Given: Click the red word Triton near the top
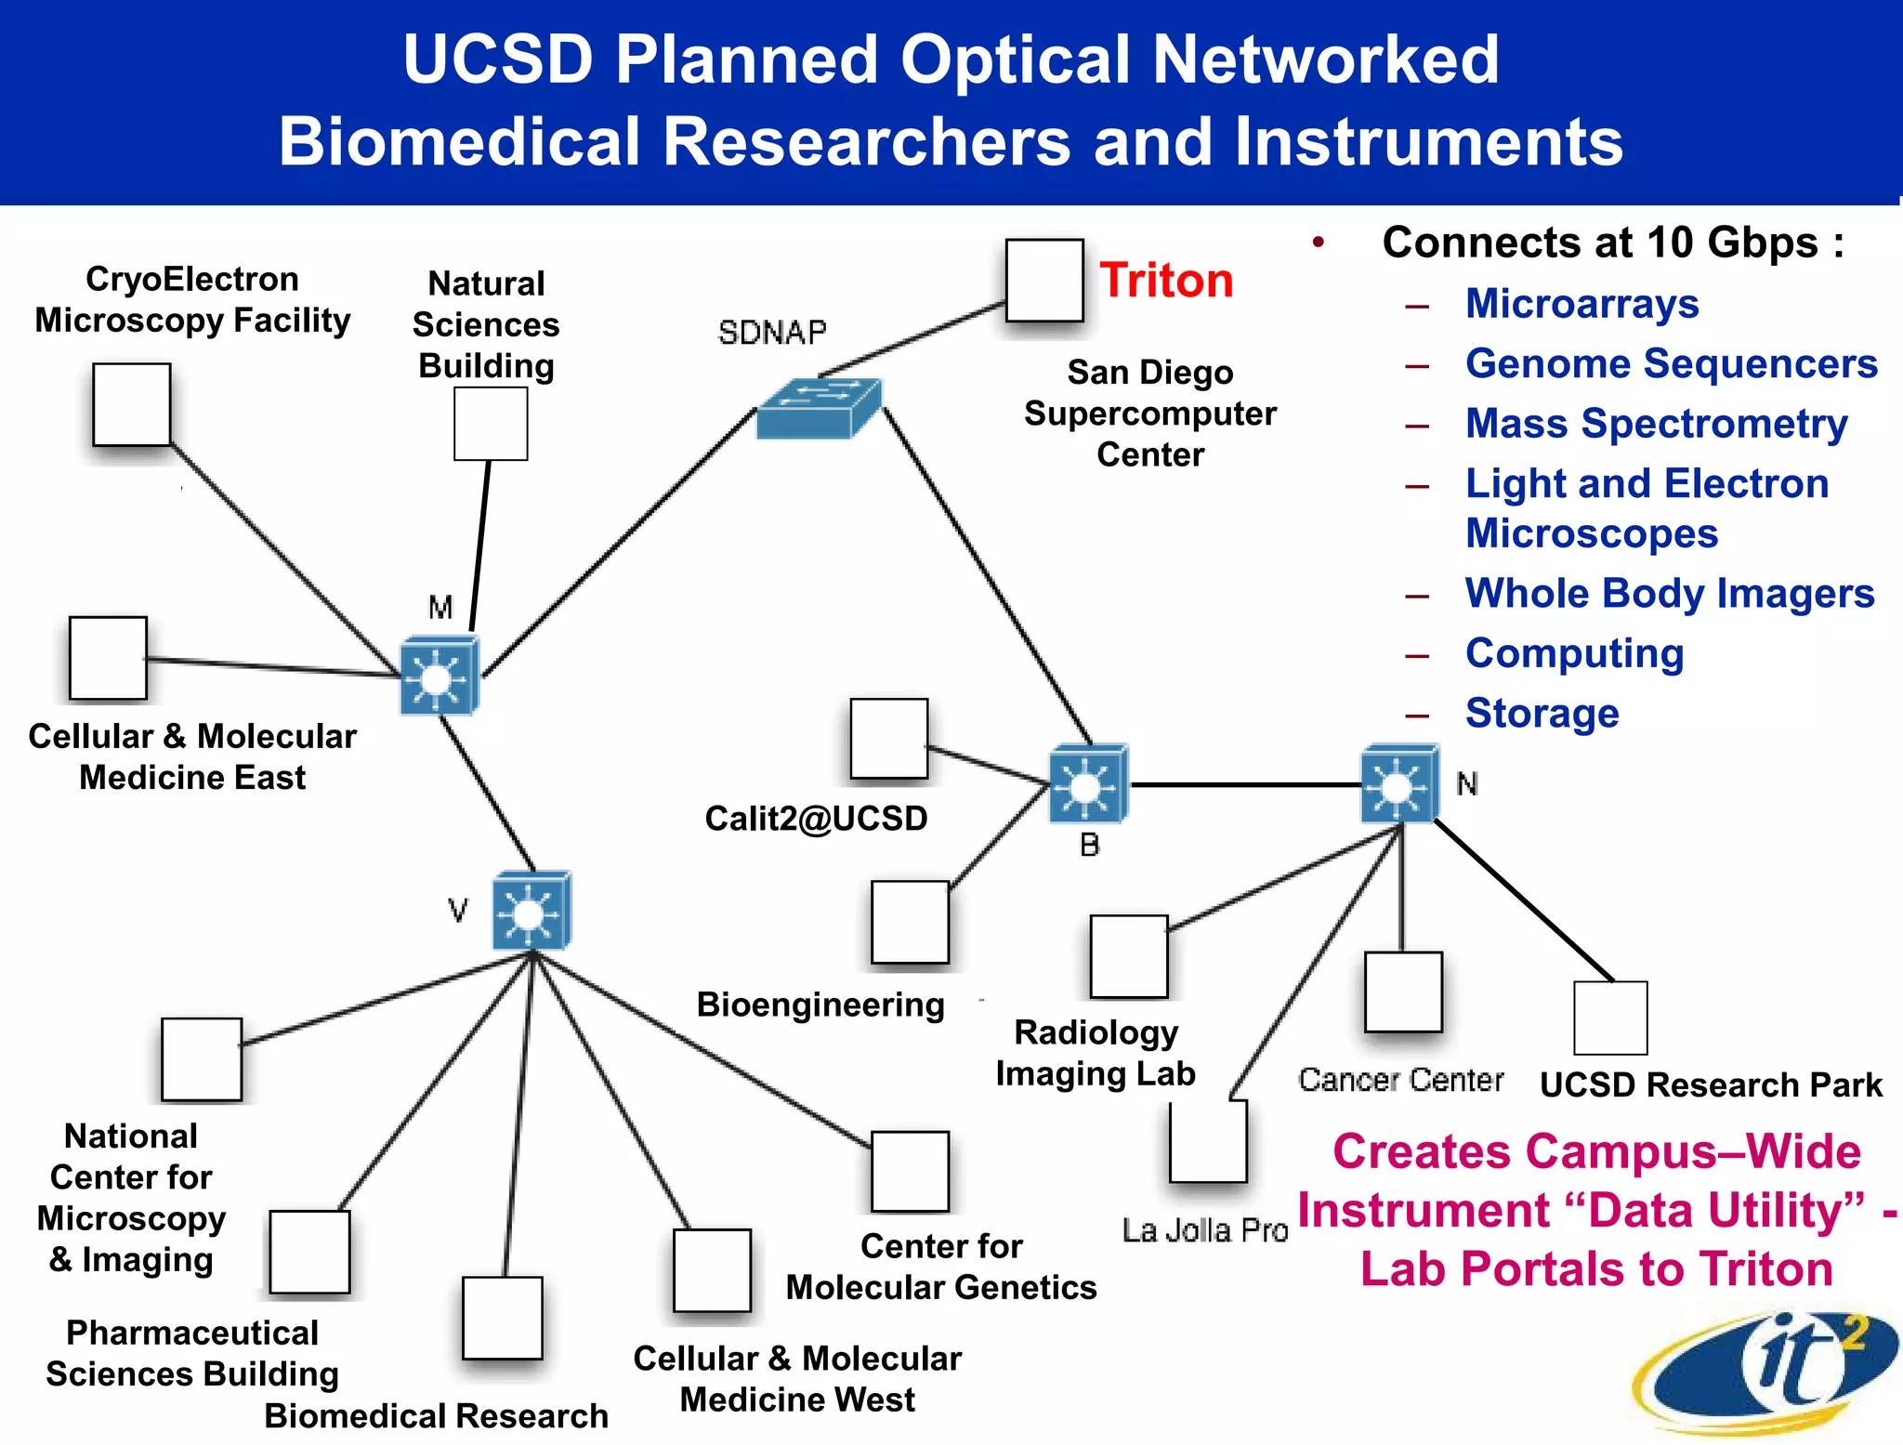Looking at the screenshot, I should (1166, 281).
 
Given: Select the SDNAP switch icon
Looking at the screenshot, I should (818, 409).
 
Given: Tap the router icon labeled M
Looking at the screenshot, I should (440, 676).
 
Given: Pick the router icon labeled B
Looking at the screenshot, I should (1088, 783).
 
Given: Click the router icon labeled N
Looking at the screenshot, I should (1399, 783).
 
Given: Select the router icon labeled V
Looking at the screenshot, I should (532, 911).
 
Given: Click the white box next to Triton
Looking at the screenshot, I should (1044, 280).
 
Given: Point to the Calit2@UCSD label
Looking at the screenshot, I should (816, 819).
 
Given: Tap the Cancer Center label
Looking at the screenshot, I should (1400, 1080).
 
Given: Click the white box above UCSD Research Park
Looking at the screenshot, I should (1610, 1018).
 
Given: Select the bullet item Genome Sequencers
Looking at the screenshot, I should (1671, 363).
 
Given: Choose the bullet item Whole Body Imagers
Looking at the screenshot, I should (1670, 594).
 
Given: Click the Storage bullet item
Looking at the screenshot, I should (1542, 714).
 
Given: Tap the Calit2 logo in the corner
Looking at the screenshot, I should (1765, 1371).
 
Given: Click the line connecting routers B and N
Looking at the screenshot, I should (1245, 785).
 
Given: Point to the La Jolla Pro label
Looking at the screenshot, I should (1205, 1230).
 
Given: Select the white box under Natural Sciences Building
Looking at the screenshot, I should (491, 424).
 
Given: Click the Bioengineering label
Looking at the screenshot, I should (820, 1005).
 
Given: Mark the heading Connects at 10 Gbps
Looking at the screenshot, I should (1612, 243).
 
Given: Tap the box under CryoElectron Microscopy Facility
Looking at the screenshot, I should (132, 405).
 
